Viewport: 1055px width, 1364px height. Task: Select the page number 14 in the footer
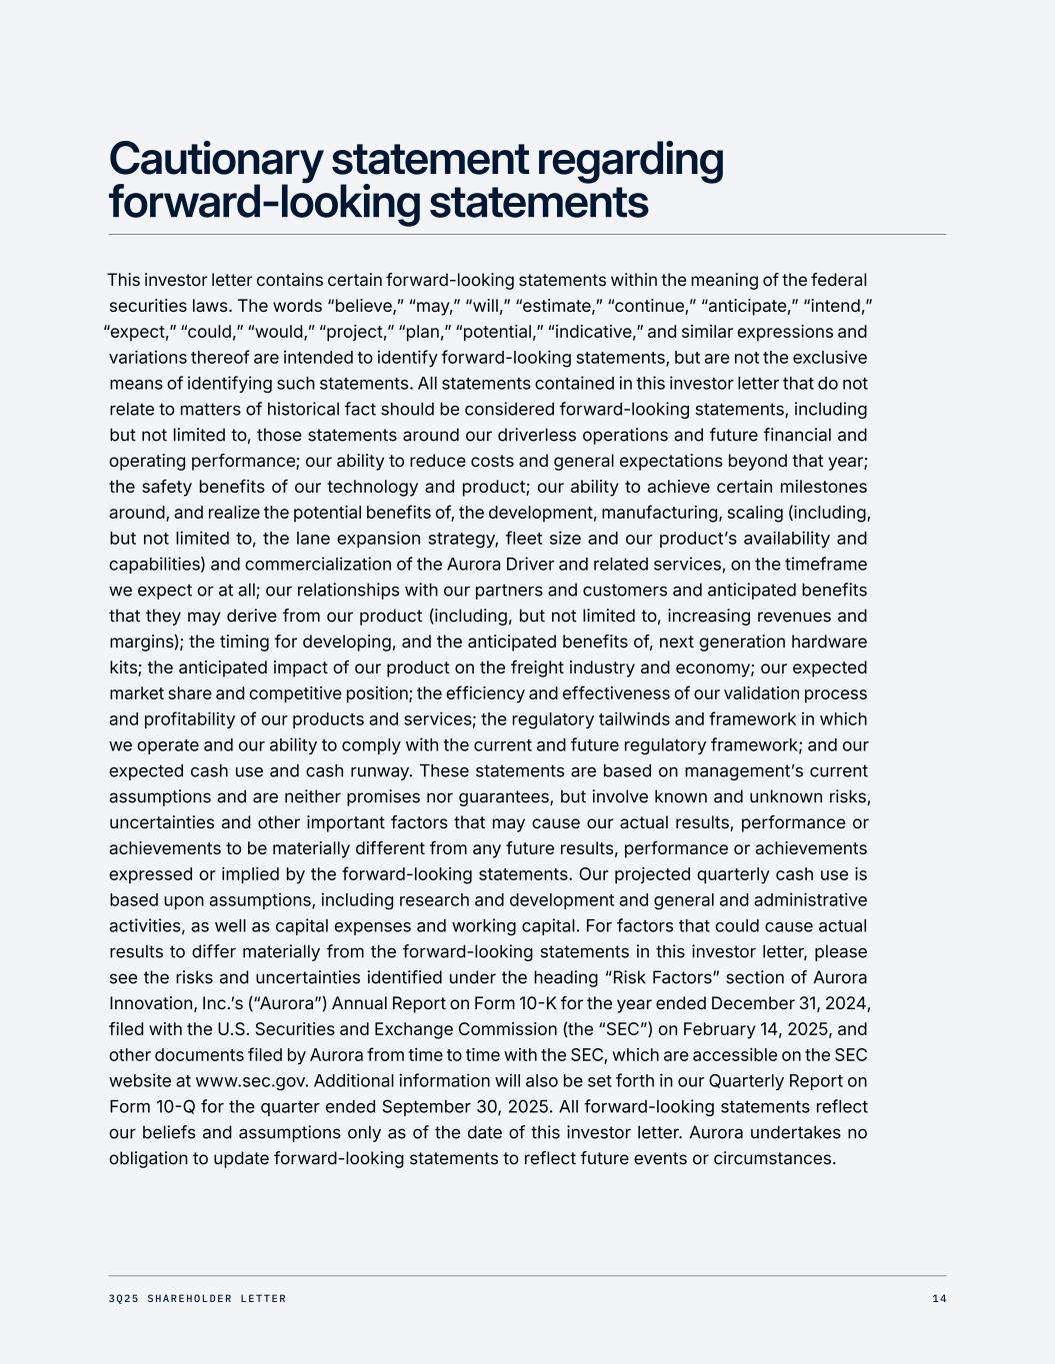[938, 1299]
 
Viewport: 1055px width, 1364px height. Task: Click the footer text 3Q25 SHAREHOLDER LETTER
[197, 1299]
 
